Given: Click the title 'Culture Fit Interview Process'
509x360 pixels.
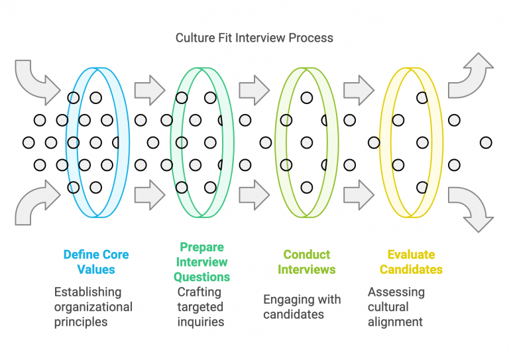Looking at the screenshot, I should pyautogui.click(x=254, y=38).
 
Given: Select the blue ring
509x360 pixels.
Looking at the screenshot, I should pyautogui.click(x=69, y=142).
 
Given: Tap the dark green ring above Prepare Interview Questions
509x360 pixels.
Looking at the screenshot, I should pyautogui.click(x=174, y=142).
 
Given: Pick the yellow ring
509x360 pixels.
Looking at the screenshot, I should pyautogui.click(x=382, y=142).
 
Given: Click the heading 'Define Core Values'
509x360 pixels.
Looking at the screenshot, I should pyautogui.click(x=96, y=262).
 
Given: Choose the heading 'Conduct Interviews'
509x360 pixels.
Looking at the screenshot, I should pyautogui.click(x=306, y=262).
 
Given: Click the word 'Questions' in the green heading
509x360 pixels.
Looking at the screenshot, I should pyautogui.click(x=201, y=277).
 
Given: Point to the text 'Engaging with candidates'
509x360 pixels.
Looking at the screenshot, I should pyautogui.click(x=302, y=306).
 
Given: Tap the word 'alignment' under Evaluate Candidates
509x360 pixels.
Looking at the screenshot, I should pyautogui.click(x=396, y=322).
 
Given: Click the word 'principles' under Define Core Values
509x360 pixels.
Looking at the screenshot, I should pyautogui.click(x=81, y=322).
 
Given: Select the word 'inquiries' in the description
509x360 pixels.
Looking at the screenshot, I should pyautogui.click(x=201, y=322).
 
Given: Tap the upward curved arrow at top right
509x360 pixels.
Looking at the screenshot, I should pyautogui.click(x=472, y=74).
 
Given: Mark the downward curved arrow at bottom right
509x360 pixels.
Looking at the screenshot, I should pyautogui.click(x=472, y=208).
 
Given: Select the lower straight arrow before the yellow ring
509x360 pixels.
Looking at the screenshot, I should pyautogui.click(x=359, y=195).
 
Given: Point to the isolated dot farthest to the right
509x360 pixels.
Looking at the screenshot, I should pyautogui.click(x=486, y=143).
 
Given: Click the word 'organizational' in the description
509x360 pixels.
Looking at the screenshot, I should pyautogui.click(x=93, y=307).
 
